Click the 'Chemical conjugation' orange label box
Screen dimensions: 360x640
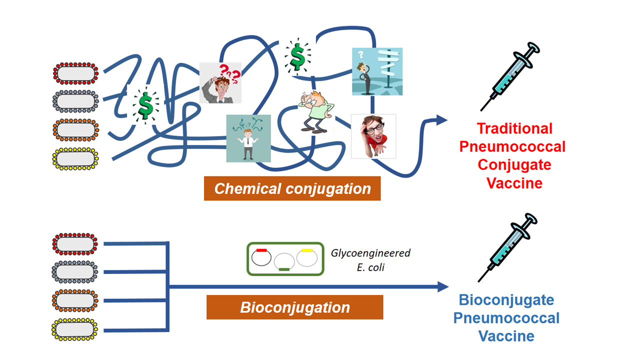(292, 188)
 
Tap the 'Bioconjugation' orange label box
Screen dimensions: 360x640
(294, 307)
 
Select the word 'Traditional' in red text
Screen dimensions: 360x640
(514, 128)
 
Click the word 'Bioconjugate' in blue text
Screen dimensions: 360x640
(506, 300)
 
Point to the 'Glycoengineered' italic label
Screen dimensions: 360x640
(370, 253)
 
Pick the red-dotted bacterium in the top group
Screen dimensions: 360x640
(76, 73)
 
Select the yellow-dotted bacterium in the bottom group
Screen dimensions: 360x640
(75, 329)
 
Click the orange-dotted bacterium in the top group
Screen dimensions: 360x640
(76, 130)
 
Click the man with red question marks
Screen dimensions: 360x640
(220, 83)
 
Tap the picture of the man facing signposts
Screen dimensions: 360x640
(377, 71)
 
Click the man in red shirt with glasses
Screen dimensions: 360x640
(373, 136)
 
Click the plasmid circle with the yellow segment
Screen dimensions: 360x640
(306, 256)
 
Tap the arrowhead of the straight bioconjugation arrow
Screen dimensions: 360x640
(442, 286)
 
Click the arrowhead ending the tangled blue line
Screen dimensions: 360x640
(441, 119)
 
